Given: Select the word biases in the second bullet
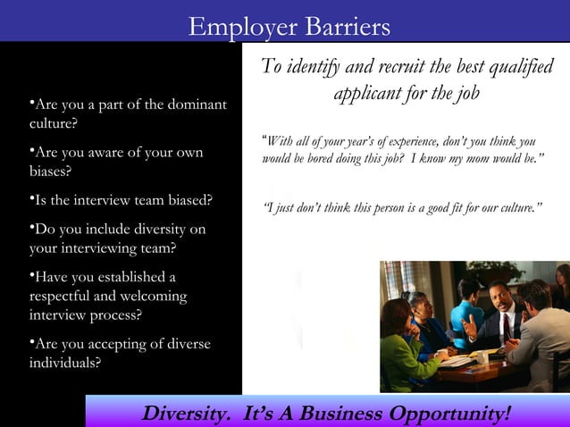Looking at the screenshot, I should tap(49, 170).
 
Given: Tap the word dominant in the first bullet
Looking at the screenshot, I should tap(195, 105).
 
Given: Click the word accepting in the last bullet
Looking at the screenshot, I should tap(96, 345).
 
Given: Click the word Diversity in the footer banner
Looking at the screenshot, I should tap(187, 414).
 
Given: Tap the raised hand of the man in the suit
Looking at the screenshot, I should tap(470, 327).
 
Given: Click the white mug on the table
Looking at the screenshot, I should tap(482, 357).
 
